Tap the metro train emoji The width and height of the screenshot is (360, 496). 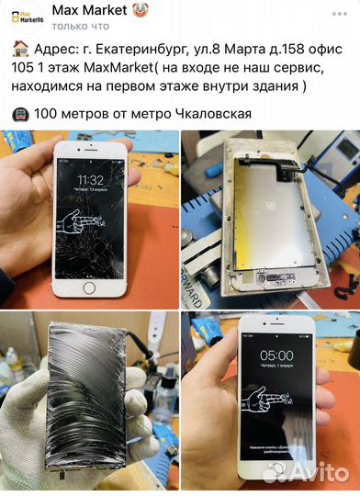(x=18, y=115)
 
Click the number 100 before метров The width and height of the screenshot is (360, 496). (x=48, y=115)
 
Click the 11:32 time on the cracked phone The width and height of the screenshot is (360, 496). (x=90, y=179)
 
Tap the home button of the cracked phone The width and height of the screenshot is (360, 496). (x=89, y=287)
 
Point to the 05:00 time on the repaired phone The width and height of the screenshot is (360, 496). (x=276, y=355)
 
